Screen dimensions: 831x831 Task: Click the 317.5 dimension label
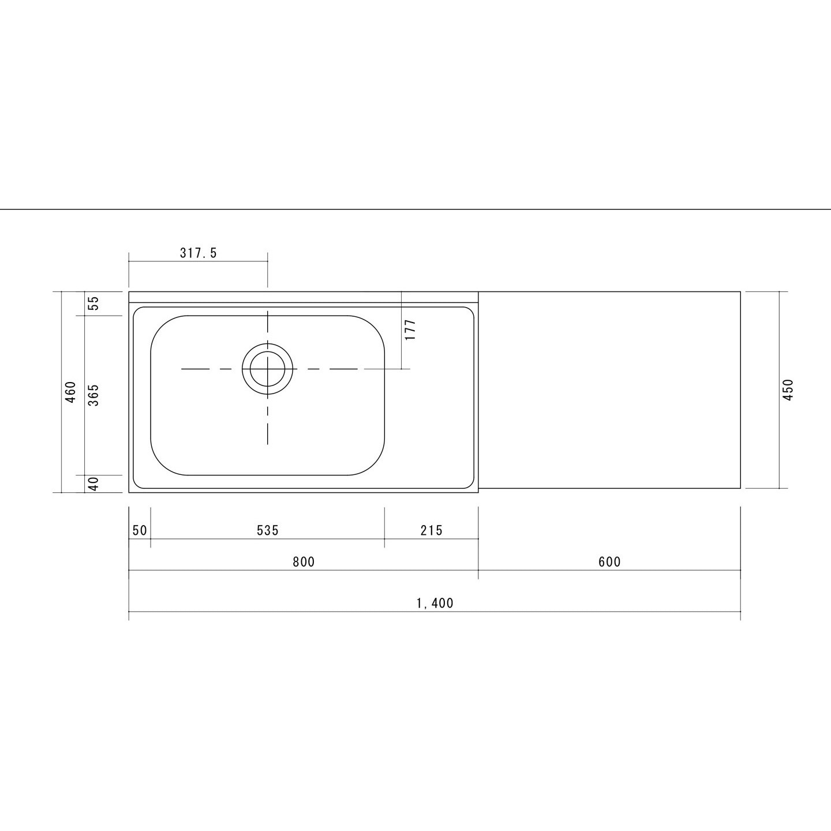tap(199, 253)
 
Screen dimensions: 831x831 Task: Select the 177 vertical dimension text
tap(410, 330)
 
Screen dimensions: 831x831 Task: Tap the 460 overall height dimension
tap(70, 392)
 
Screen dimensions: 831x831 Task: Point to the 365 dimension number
tap(93, 395)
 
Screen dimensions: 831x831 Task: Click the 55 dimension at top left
tap(93, 303)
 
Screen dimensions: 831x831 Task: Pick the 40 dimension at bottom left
tap(93, 484)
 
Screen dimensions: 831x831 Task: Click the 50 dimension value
tap(140, 530)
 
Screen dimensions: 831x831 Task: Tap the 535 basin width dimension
tap(268, 530)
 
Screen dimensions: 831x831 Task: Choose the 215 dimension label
tap(432, 530)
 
